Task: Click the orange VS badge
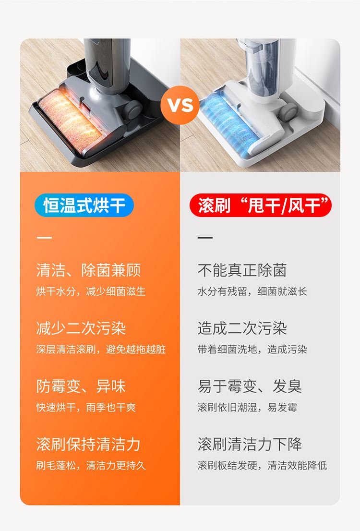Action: point(180,105)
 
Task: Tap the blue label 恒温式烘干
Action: point(84,205)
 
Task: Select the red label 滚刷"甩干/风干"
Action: point(261,205)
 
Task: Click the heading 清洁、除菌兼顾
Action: point(88,270)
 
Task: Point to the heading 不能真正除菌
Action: point(242,270)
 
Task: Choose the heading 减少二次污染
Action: point(81,328)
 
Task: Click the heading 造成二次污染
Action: point(242,328)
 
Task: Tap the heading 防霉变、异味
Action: point(81,386)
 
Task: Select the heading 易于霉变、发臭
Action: point(250,386)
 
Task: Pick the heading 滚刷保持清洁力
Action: point(88,444)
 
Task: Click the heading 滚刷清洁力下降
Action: point(250,444)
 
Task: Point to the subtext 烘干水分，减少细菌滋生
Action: point(91,291)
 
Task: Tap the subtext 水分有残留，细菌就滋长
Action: point(252,291)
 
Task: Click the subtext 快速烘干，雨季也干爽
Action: point(86,407)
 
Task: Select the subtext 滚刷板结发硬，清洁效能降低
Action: point(263,465)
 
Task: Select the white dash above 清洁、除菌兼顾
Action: point(44,237)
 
